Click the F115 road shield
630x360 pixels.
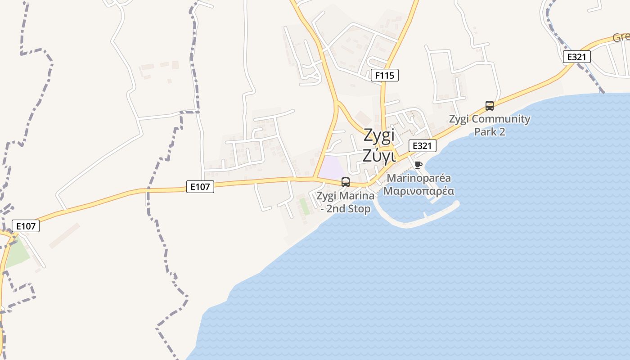(x=385, y=75)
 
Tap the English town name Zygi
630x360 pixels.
(x=379, y=135)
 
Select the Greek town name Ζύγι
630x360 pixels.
(x=379, y=155)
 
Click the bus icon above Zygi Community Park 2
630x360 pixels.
(x=490, y=106)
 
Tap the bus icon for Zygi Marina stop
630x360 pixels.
(x=346, y=182)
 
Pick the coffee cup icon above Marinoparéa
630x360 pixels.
(x=418, y=165)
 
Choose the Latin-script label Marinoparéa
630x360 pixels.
(x=418, y=178)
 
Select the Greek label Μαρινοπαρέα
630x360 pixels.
(x=418, y=191)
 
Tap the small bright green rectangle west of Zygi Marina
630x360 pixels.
(x=305, y=206)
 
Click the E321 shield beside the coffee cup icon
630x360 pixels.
(x=423, y=146)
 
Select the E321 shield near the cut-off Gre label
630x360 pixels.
(x=576, y=57)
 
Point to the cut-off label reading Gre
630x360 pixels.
(x=621, y=37)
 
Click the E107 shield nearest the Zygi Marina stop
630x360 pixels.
(x=200, y=187)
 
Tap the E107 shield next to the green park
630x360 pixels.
(x=26, y=226)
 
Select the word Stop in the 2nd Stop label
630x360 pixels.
(x=358, y=209)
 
